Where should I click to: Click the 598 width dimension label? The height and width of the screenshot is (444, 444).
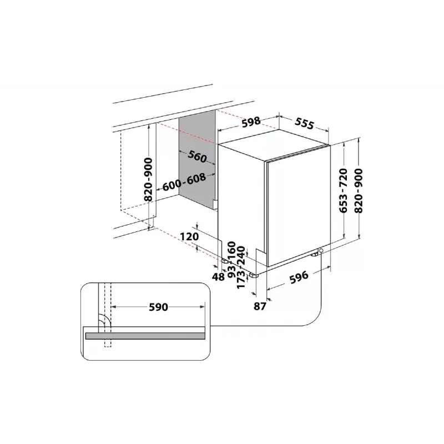pos(251,122)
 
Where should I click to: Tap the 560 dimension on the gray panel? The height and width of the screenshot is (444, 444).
pos(197,157)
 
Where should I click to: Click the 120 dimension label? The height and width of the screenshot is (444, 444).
pos(190,237)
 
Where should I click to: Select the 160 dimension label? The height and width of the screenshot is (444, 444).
pos(232,248)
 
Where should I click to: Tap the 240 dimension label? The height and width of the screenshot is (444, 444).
pos(241,256)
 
